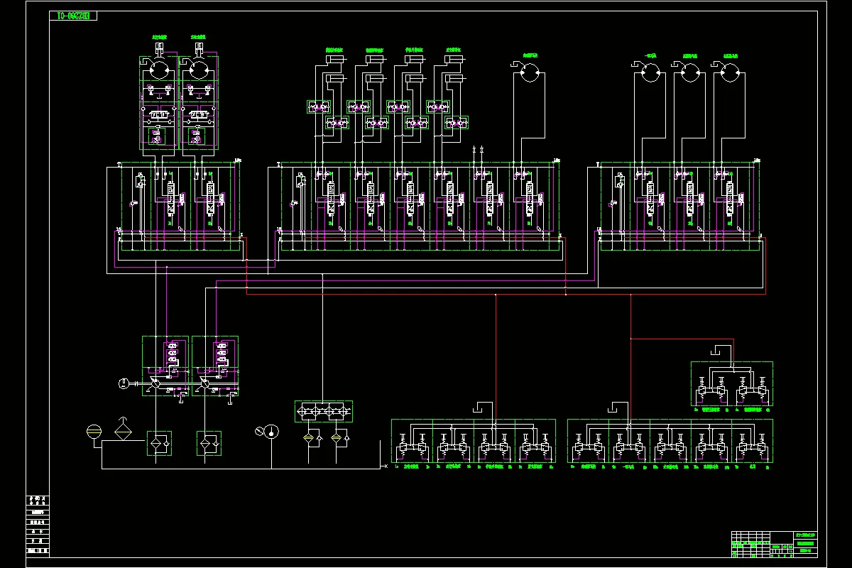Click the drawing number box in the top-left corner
tap(73, 16)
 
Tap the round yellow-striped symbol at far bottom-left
tap(94, 431)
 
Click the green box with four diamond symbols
tap(324, 411)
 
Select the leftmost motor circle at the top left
tap(159, 71)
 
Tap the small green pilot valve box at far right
tap(731, 384)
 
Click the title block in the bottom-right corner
tap(774, 545)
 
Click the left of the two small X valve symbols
tap(474, 150)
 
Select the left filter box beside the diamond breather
tap(158, 443)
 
